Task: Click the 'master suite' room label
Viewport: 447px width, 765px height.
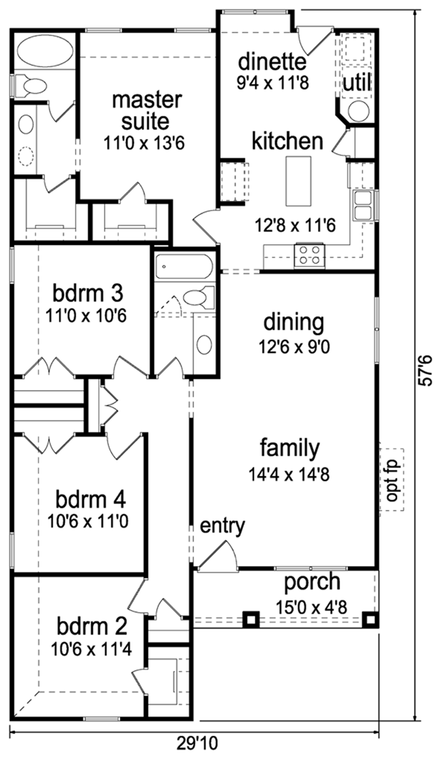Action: (x=139, y=109)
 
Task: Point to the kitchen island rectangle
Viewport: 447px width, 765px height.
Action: (x=298, y=180)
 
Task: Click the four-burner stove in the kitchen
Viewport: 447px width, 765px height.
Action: (x=309, y=255)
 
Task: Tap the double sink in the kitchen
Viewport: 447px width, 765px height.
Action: (x=364, y=206)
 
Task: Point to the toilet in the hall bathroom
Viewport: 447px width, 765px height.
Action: (x=194, y=299)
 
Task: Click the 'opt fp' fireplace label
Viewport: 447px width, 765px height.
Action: (x=391, y=480)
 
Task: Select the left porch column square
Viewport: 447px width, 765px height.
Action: (x=252, y=618)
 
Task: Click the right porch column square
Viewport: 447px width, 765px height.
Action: (x=369, y=618)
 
